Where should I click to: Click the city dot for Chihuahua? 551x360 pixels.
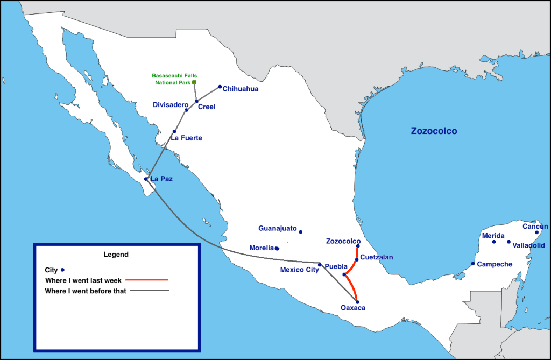pos(220,87)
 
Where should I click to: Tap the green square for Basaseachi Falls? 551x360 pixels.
pos(194,82)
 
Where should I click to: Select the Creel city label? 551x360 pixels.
pos(207,107)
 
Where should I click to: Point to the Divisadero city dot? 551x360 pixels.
pos(187,110)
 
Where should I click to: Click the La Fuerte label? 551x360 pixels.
pos(186,138)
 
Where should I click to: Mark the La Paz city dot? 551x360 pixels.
pos(146,179)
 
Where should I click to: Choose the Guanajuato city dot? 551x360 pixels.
pos(301,232)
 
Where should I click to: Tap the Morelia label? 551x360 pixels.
pos(262,248)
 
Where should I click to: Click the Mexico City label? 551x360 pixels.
pos(299,270)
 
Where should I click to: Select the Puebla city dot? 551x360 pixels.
pos(344,275)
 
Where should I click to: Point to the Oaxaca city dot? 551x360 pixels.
pos(357,302)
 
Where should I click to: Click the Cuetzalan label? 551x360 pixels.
pos(377,257)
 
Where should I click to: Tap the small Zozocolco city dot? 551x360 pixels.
pos(358,246)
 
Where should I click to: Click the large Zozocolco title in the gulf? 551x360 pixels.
pos(434,131)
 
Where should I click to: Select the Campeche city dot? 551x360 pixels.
pos(473,264)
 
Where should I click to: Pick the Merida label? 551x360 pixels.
pos(493,236)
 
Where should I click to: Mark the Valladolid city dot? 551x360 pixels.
pos(508,242)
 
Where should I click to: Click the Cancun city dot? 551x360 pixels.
pos(536,232)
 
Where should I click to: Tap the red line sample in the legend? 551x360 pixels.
pos(148,280)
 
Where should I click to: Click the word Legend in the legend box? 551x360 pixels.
pos(116,254)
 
